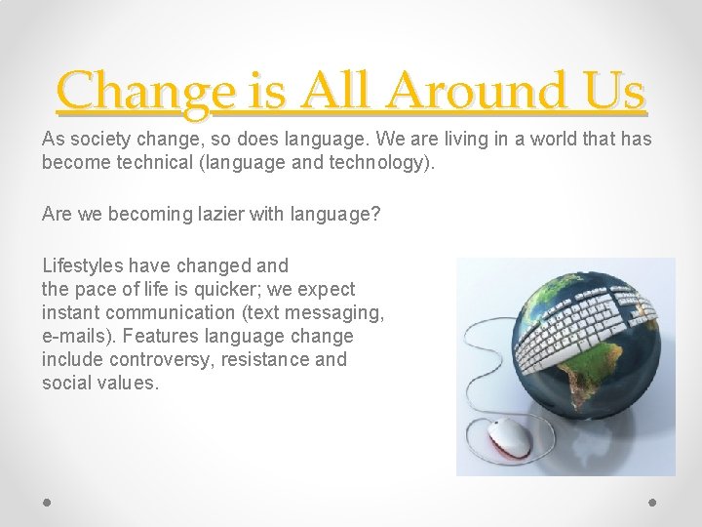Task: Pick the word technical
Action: coord(150,162)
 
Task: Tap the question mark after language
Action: coord(374,213)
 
